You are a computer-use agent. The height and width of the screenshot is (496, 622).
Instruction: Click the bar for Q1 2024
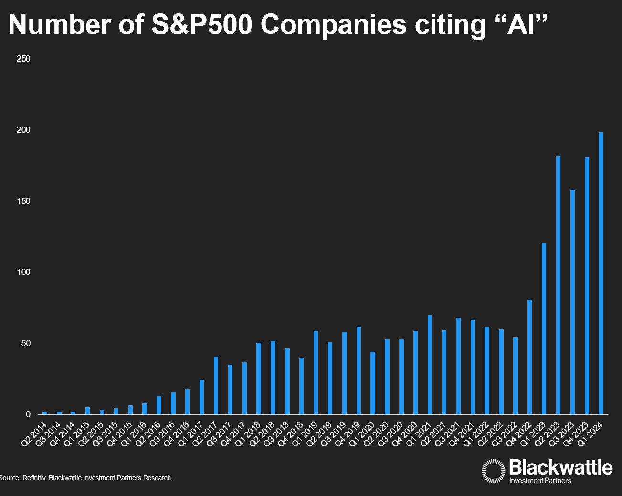click(x=601, y=273)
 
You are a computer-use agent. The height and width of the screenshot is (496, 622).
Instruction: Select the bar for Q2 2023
click(x=558, y=285)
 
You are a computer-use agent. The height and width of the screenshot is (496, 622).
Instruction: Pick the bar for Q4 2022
click(x=529, y=357)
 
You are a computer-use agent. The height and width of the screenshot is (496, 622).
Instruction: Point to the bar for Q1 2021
click(x=430, y=365)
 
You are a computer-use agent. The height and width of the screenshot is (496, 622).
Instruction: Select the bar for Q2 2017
click(x=216, y=385)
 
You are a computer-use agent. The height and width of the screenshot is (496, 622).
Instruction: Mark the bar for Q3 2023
click(x=572, y=302)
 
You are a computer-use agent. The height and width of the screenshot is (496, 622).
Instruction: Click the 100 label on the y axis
click(x=23, y=272)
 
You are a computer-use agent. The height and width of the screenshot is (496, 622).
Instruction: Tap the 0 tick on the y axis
click(x=28, y=414)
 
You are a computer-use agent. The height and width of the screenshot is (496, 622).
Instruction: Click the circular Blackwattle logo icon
click(x=494, y=471)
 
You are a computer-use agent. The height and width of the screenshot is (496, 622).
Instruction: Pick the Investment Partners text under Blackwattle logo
click(x=540, y=481)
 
